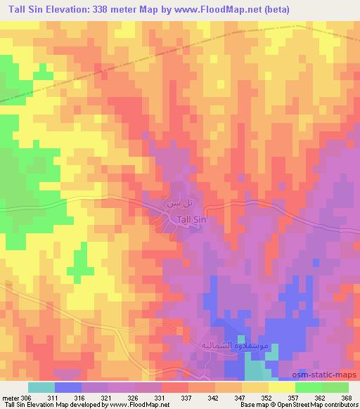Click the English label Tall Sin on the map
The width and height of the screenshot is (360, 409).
[193, 220]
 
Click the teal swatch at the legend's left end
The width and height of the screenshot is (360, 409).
[41, 388]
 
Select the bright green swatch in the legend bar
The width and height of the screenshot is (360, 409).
[309, 388]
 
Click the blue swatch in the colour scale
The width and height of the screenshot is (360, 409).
[68, 388]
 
